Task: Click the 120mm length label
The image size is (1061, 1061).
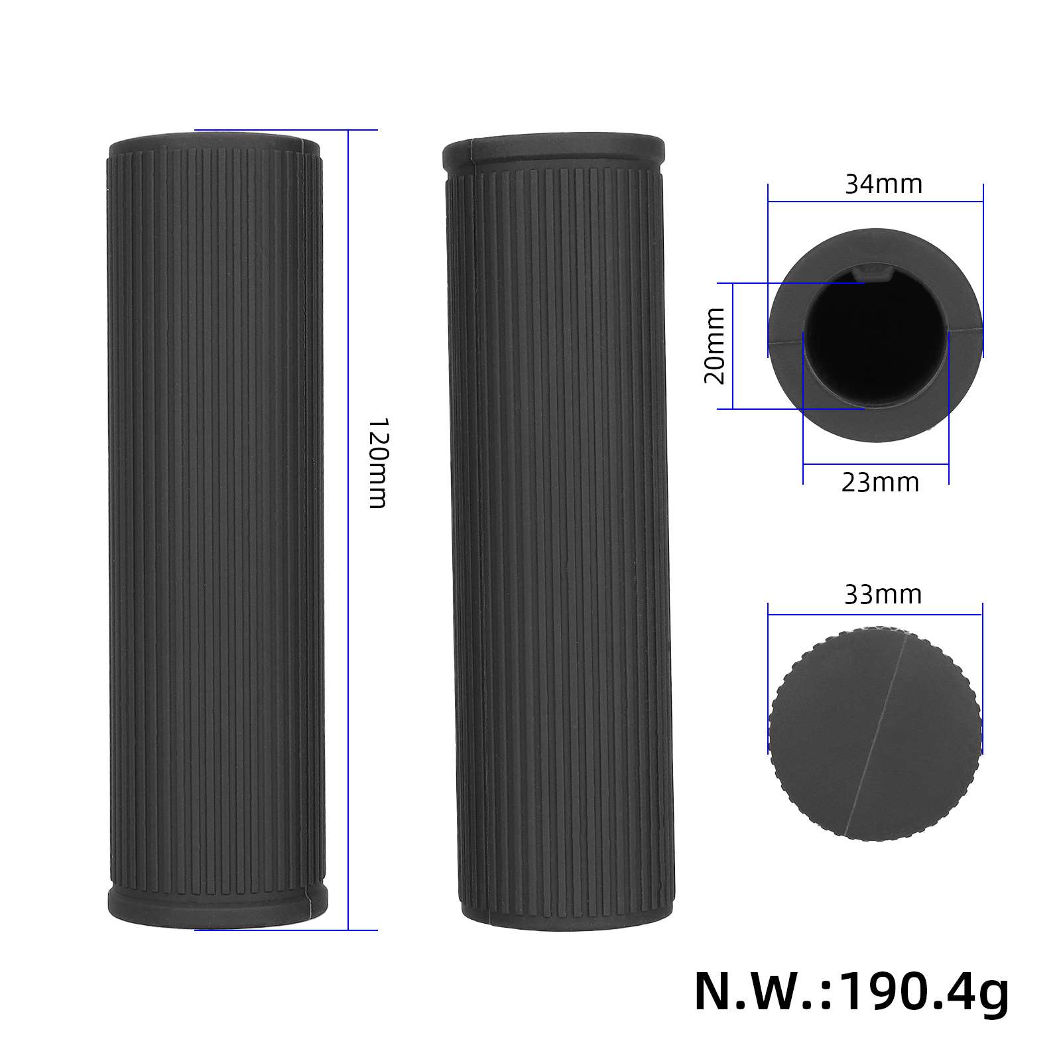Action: (377, 463)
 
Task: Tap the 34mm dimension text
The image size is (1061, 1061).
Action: (883, 184)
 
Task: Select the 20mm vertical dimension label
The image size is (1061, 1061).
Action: (715, 346)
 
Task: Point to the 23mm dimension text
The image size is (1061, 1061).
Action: (880, 483)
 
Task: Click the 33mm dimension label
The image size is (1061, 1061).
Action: (883, 595)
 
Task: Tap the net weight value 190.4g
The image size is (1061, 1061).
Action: (924, 992)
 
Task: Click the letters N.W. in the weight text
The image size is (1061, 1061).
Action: (756, 992)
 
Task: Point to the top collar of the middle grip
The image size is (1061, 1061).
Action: (554, 152)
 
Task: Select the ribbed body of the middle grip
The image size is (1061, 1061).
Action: (560, 530)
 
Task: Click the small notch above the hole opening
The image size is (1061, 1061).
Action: (874, 271)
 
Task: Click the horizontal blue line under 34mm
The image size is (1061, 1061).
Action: (875, 202)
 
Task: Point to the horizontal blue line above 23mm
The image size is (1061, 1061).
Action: (875, 464)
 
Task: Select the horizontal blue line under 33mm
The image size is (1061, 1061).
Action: (875, 614)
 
